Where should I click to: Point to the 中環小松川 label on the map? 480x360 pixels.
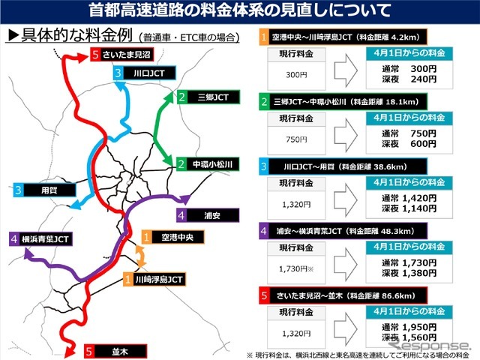(x=214, y=163)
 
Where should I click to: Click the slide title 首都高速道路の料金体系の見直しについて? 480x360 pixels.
(x=240, y=11)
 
